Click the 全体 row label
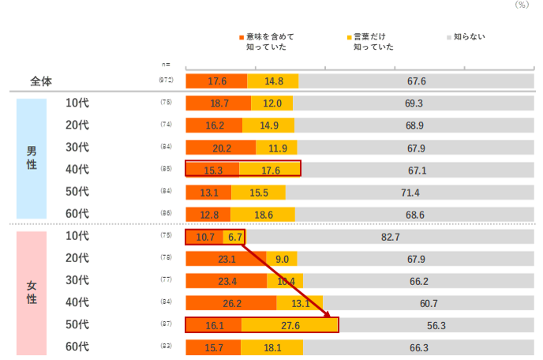tap(41, 81)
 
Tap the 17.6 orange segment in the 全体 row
tap(216, 81)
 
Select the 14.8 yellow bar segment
tap(273, 81)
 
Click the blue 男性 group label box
tap(32, 158)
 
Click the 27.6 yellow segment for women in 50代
tap(289, 325)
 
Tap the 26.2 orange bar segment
tap(230, 303)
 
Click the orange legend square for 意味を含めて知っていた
tap(242, 37)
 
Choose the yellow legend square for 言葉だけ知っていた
tap(350, 37)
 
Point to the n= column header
tap(165, 65)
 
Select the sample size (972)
tap(166, 81)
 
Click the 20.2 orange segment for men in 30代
tap(220, 147)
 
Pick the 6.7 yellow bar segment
tap(234, 237)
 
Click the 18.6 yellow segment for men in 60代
tap(263, 214)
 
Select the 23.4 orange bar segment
tap(226, 281)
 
